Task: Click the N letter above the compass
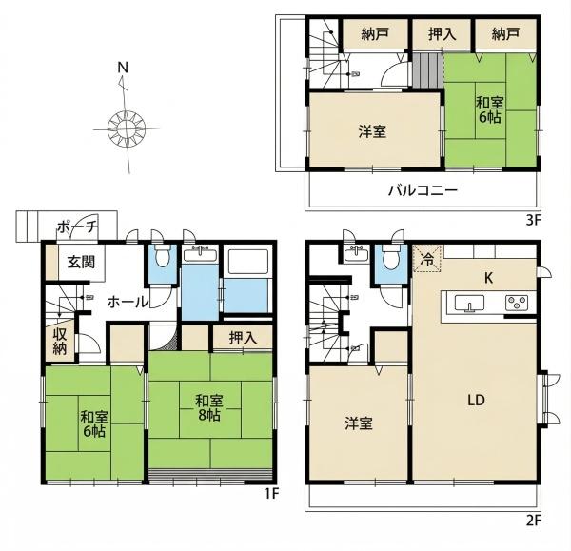pos(123,68)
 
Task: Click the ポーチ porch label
pos(78,227)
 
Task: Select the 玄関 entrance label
pos(82,262)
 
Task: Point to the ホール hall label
pos(128,302)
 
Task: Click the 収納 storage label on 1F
pos(60,342)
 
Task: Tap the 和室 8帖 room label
pos(208,408)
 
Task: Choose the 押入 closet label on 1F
pos(243,339)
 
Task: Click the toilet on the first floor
pos(162,255)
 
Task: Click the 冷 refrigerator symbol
pos(427,259)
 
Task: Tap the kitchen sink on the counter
pos(469,304)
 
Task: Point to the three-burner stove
pos(517,303)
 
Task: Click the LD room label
pos(477,401)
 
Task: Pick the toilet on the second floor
pos(391,257)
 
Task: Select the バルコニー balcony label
pos(423,190)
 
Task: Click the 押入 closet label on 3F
pos(442,34)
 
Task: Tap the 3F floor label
pos(534,221)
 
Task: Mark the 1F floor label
pos(271,494)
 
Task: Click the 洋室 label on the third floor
pos(372,131)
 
